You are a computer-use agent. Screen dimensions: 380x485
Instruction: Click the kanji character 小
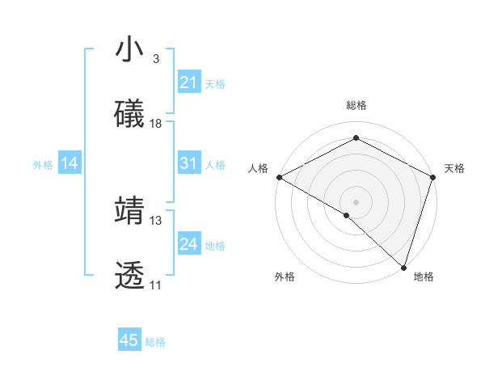click(x=129, y=50)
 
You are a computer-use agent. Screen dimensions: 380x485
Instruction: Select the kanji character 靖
click(x=129, y=211)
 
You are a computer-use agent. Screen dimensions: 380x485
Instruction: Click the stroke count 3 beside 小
click(x=155, y=59)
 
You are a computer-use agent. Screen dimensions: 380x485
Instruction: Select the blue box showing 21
click(x=188, y=82)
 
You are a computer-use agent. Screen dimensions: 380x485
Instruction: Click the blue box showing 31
click(x=188, y=163)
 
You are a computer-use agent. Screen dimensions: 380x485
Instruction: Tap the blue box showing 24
click(x=188, y=244)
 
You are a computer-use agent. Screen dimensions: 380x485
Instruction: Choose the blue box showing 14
click(x=69, y=164)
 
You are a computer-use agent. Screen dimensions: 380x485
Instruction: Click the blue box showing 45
click(x=129, y=340)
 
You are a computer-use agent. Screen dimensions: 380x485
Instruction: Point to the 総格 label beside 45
click(x=155, y=342)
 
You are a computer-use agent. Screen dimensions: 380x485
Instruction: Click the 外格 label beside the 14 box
click(x=43, y=165)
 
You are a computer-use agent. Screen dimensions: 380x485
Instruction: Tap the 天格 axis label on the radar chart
click(x=455, y=168)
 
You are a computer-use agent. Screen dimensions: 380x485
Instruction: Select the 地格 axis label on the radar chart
click(x=424, y=277)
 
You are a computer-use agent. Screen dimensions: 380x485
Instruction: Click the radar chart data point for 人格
click(x=279, y=176)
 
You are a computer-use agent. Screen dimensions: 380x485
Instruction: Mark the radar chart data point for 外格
click(x=346, y=215)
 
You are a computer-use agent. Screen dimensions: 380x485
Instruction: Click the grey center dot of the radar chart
click(x=356, y=201)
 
